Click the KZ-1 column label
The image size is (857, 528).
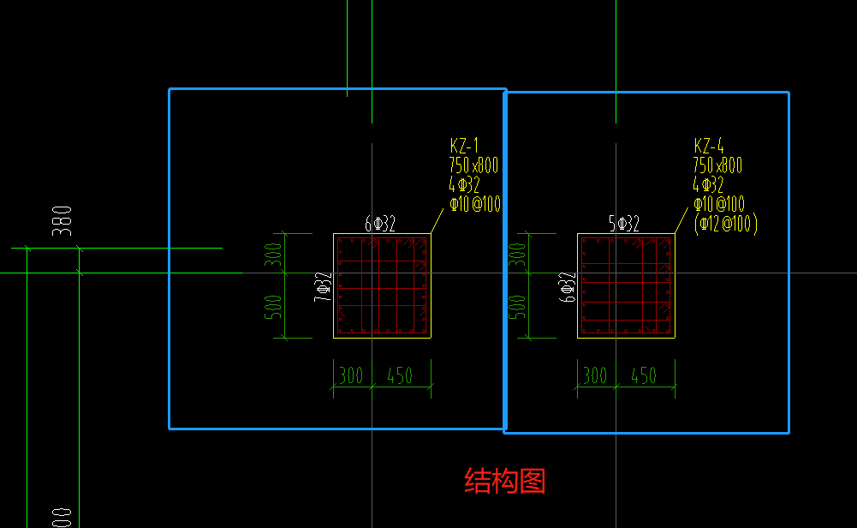(464, 146)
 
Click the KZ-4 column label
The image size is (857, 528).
(708, 146)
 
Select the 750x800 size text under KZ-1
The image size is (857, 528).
(473, 165)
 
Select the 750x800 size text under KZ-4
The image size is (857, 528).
(717, 165)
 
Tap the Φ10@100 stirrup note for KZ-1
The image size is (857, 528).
(475, 204)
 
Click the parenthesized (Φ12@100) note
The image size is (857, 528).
(726, 224)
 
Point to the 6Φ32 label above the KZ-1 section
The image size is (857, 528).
(380, 224)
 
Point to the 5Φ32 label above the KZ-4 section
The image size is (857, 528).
(623, 224)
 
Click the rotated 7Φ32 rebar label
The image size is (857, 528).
(323, 287)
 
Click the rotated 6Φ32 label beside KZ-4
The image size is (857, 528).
(567, 287)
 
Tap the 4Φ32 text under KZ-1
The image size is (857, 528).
(464, 184)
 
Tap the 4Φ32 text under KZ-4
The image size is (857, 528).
(708, 184)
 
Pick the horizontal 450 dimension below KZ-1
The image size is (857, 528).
(400, 376)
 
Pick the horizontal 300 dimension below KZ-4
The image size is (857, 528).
(595, 376)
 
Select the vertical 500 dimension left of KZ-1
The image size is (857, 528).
(273, 307)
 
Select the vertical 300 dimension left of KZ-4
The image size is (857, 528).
(516, 255)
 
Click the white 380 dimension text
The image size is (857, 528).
(62, 221)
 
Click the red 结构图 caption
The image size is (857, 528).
(505, 481)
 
